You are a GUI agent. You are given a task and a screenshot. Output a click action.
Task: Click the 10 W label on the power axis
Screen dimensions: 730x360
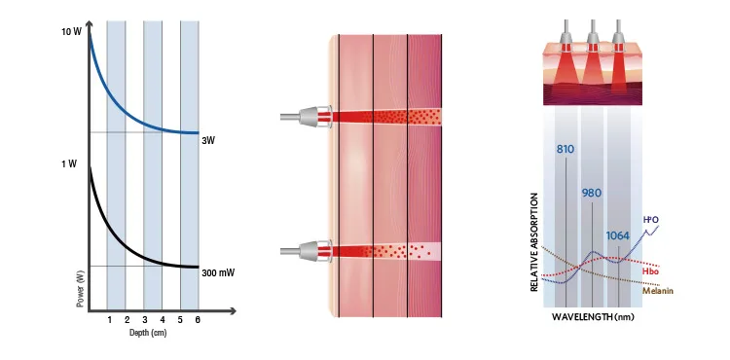point(71,32)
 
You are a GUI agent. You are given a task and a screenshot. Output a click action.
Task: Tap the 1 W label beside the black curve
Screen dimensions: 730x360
point(69,163)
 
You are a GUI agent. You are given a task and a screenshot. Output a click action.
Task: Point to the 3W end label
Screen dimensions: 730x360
point(208,140)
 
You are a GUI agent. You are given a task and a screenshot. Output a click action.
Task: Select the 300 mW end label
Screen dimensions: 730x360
point(218,273)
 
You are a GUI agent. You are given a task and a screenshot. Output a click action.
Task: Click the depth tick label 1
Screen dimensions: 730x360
point(109,319)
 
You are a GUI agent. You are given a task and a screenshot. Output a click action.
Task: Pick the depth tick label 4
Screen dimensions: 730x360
point(162,319)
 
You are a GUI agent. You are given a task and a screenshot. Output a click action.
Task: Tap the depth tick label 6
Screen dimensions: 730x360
point(199,319)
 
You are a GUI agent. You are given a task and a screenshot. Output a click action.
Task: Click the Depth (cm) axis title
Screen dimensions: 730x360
point(148,333)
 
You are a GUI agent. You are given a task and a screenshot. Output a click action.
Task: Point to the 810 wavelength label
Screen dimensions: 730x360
point(566,150)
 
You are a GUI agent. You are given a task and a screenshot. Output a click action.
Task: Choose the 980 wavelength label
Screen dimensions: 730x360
point(591,193)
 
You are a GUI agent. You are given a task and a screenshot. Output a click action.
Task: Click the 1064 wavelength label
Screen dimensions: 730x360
point(618,235)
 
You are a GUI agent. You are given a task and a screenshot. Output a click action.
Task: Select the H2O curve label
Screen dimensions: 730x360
point(650,220)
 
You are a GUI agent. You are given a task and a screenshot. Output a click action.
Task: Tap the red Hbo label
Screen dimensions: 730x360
point(649,271)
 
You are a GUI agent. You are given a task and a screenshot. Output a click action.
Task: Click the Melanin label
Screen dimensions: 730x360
point(658,291)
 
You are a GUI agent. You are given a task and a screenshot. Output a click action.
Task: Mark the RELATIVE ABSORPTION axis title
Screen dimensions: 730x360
point(534,242)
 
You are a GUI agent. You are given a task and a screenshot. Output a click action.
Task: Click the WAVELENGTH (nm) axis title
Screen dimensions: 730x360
point(593,317)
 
